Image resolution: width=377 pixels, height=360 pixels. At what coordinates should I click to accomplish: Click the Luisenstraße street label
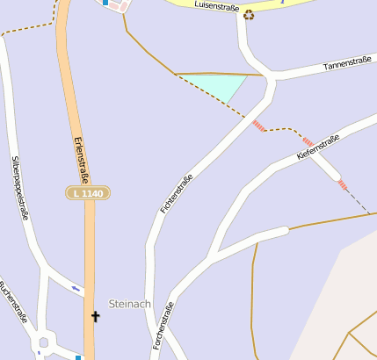[217, 7]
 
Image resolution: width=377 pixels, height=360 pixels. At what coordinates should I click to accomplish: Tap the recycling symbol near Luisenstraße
[249, 14]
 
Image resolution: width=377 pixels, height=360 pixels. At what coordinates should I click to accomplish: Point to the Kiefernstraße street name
[318, 147]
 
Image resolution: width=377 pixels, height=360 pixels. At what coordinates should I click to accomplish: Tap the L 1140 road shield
[88, 192]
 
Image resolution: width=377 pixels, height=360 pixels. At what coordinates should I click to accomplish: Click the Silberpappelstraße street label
[21, 188]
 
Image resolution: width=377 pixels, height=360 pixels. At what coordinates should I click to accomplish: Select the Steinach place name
[129, 304]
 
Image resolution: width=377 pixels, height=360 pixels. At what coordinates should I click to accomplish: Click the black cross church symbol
[96, 315]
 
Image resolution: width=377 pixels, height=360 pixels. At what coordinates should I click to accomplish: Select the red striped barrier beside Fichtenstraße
[258, 126]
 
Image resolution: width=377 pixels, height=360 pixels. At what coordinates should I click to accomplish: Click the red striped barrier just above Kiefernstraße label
[308, 140]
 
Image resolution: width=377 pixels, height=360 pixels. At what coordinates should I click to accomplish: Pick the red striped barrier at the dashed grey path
[342, 184]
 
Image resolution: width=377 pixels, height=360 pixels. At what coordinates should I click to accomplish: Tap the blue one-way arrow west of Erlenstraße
[76, 288]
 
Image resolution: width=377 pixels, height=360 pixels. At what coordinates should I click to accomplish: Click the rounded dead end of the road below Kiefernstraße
[283, 232]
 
